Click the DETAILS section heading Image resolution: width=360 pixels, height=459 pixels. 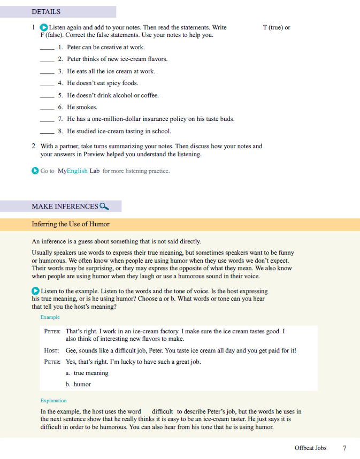pos(46,11)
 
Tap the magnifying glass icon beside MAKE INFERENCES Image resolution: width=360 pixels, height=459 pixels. pos(104,206)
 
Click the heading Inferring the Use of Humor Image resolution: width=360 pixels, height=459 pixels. pos(71,224)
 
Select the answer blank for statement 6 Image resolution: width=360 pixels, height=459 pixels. pos(47,108)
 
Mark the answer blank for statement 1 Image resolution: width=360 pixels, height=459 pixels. pos(47,48)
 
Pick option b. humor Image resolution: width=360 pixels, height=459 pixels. pos(78,384)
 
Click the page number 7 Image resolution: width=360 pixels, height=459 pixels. pos(344,448)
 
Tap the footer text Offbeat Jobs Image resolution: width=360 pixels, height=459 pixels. pos(310,448)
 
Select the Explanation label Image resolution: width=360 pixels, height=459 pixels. pos(53,400)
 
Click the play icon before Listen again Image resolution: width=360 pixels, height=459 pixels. pos(44,27)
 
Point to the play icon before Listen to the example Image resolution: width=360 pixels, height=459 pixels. pos(36,290)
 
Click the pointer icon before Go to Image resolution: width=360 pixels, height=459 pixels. pos(35,171)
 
